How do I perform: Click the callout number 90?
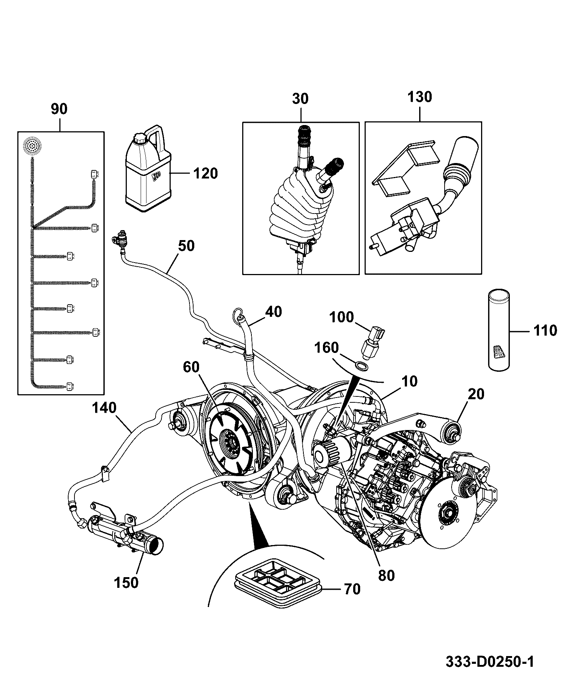pyautogui.click(x=59, y=110)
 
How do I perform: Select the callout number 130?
pyautogui.click(x=420, y=97)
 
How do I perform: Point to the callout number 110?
pyautogui.click(x=545, y=330)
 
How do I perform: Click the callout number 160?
pyautogui.click(x=327, y=347)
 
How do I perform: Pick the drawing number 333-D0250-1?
pyautogui.click(x=490, y=662)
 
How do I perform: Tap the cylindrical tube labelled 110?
pyautogui.click(x=499, y=330)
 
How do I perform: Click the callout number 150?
pyautogui.click(x=126, y=582)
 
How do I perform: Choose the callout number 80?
pyautogui.click(x=386, y=575)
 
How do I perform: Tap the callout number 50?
pyautogui.click(x=186, y=246)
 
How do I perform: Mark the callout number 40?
pyautogui.click(x=274, y=312)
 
